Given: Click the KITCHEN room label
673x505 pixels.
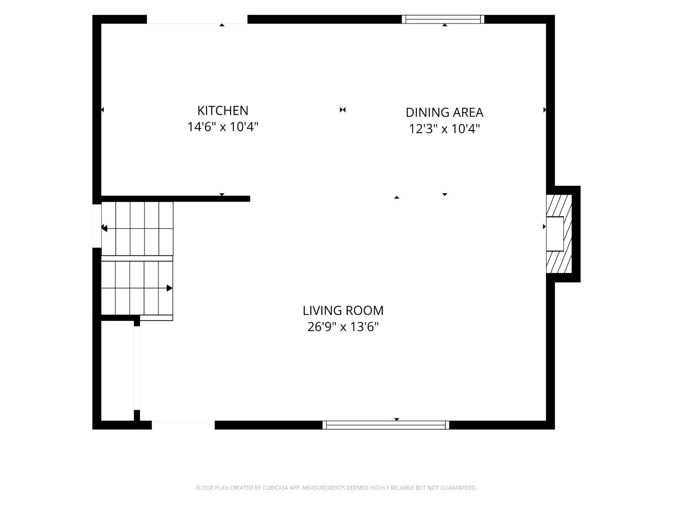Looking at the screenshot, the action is click(223, 111).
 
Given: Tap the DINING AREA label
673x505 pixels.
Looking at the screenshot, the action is click(444, 113).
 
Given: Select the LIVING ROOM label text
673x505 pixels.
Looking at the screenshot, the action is click(343, 311).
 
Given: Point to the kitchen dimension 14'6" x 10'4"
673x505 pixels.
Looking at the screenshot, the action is click(223, 127).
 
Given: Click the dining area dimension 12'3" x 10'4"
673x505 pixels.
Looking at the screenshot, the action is click(444, 128).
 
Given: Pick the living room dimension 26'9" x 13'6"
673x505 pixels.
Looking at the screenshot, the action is click(343, 327).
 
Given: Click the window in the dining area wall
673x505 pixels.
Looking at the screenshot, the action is click(443, 19).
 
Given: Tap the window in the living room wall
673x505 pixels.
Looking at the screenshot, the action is click(386, 425).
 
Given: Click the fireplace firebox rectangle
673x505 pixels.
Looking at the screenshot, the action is click(555, 234).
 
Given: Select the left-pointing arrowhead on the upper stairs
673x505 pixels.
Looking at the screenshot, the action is click(104, 228).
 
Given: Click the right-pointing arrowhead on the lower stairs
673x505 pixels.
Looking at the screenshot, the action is click(169, 288).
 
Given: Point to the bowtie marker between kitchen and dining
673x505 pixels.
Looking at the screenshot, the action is click(343, 110).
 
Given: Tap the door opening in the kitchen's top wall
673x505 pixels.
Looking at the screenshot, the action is click(197, 19).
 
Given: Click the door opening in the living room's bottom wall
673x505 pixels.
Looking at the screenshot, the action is click(183, 425).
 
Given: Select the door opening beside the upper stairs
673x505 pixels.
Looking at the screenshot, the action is click(97, 226).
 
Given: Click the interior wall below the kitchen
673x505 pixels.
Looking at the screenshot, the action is click(176, 199).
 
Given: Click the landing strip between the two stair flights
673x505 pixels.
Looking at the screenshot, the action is click(137, 259).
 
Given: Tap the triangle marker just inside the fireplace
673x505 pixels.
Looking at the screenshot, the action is click(544, 227).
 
